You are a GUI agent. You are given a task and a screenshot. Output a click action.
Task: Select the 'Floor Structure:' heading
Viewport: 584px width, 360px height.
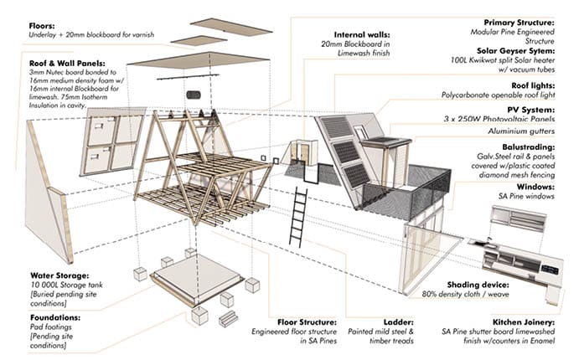click(310, 321)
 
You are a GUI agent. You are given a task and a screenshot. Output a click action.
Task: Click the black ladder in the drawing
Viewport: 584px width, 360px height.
click(297, 216)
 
